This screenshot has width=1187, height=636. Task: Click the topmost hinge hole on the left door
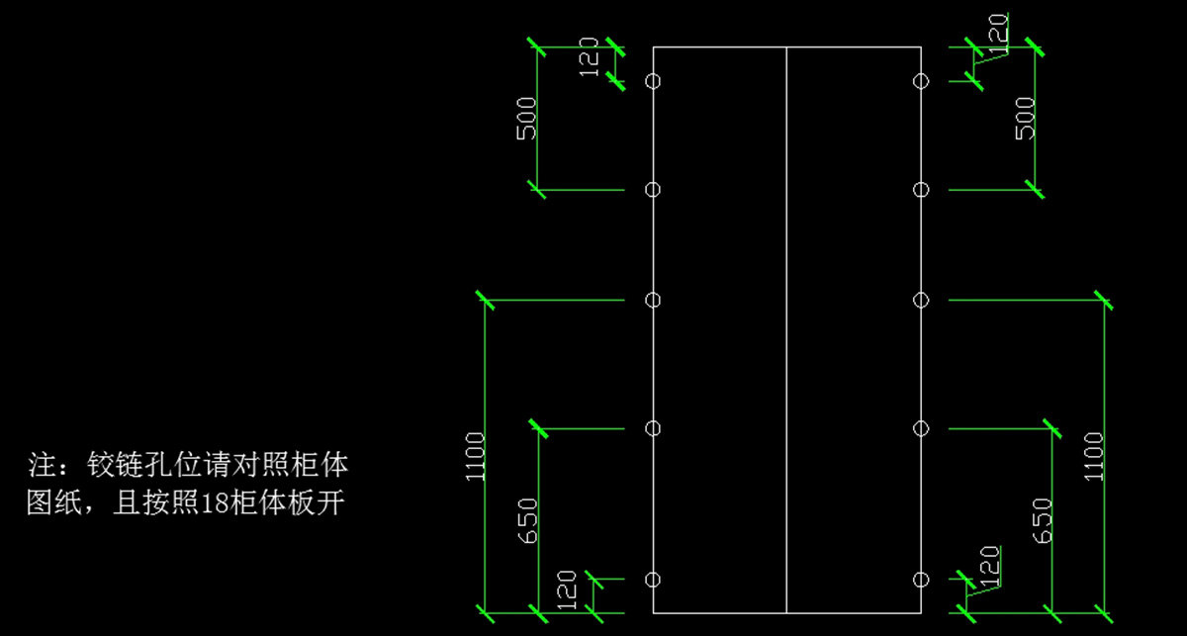tap(652, 81)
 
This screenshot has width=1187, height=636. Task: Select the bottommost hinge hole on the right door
tap(921, 579)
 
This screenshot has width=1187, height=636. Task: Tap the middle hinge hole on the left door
tap(652, 300)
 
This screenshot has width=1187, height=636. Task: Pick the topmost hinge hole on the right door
tap(921, 81)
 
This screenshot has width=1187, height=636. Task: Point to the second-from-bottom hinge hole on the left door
tap(652, 428)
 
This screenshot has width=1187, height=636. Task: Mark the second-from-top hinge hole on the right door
tap(921, 189)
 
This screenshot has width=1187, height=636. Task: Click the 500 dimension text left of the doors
tap(527, 119)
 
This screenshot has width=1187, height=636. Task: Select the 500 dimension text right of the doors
tap(1026, 119)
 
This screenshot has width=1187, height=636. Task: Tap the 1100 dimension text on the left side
tap(476, 457)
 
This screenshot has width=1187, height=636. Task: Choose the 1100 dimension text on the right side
tap(1093, 456)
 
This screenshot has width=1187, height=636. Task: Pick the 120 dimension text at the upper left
tap(590, 57)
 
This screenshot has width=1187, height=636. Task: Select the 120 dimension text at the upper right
tap(999, 33)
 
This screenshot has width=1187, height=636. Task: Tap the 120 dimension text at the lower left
tap(567, 590)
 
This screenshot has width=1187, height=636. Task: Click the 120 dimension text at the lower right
tap(989, 564)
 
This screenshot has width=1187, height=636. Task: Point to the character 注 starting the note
tap(40, 463)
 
